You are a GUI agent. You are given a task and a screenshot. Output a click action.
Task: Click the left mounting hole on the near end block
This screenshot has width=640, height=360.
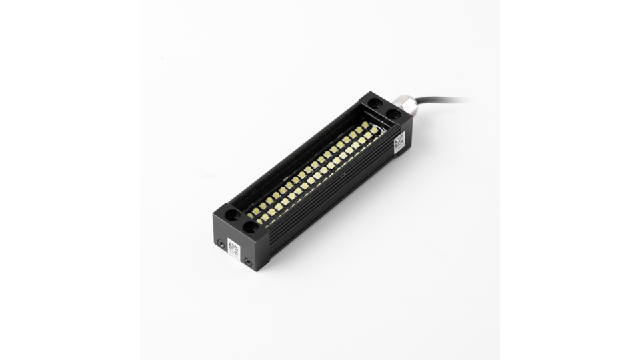[x=231, y=215]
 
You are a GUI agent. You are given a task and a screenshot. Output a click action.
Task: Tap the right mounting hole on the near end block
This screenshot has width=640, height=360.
[x=250, y=227]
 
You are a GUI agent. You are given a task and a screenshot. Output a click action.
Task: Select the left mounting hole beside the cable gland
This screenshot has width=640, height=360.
[x=376, y=104]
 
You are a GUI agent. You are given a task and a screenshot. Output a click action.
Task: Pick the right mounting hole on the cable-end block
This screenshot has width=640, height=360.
[x=393, y=114]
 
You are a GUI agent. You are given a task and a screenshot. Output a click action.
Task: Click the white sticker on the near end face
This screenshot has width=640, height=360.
[x=233, y=247]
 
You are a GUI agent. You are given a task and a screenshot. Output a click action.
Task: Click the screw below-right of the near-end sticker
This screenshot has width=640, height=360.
[x=247, y=261]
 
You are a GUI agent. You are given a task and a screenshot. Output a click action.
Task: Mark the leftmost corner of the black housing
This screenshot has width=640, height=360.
[x=213, y=215]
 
